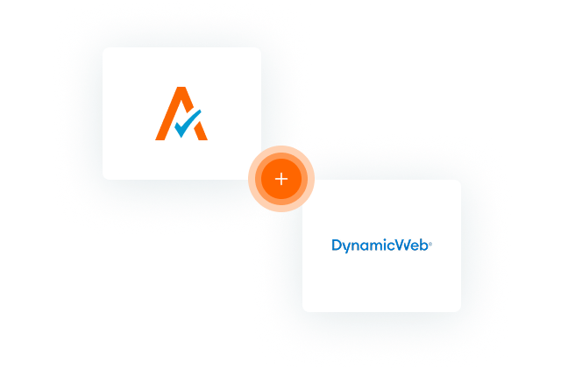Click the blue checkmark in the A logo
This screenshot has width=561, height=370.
[x=187, y=125]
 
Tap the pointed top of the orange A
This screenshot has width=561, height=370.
[x=181, y=88]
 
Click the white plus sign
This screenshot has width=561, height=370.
[x=281, y=179]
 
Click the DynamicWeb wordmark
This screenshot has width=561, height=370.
[x=382, y=245]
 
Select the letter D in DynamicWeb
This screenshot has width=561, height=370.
[x=337, y=245]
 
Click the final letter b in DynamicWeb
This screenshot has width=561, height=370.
[x=424, y=245]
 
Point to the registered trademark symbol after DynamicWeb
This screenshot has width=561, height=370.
[x=430, y=244]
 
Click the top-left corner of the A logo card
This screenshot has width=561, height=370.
[x=103, y=47]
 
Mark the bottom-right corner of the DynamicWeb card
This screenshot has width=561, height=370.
[x=461, y=311]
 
